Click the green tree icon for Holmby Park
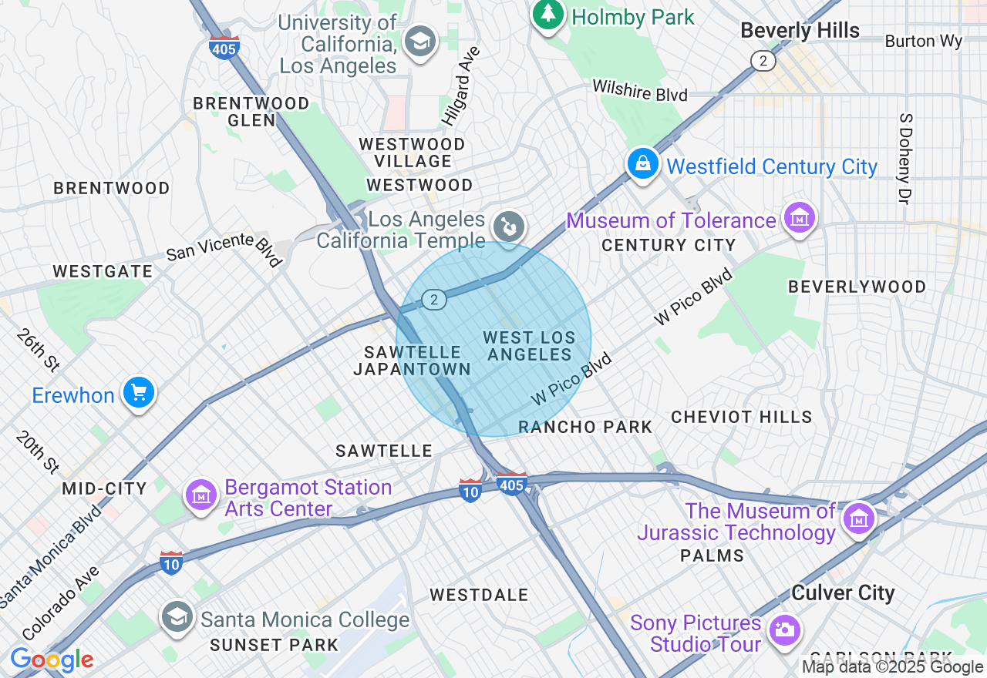(548, 14)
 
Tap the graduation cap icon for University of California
(420, 42)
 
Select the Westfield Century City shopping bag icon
(642, 164)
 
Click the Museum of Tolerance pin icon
(800, 218)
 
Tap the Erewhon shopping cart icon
(139, 394)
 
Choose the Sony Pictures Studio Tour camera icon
(784, 629)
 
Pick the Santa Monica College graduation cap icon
(177, 617)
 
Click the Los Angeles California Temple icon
(510, 227)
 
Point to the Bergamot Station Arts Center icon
(201, 495)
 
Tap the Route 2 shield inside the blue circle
(435, 300)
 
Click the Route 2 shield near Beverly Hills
(763, 61)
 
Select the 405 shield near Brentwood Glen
(224, 46)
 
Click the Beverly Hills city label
(800, 31)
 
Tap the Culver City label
(843, 593)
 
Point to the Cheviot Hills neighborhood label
(741, 417)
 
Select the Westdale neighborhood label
(479, 595)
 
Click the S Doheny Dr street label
(905, 158)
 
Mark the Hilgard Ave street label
(461, 86)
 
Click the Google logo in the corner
(52, 660)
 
